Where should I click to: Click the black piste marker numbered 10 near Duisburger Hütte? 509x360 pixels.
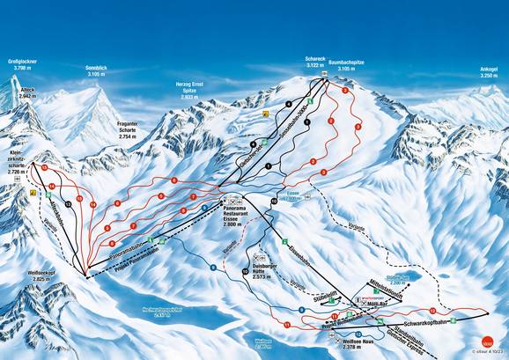tap(245, 273)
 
